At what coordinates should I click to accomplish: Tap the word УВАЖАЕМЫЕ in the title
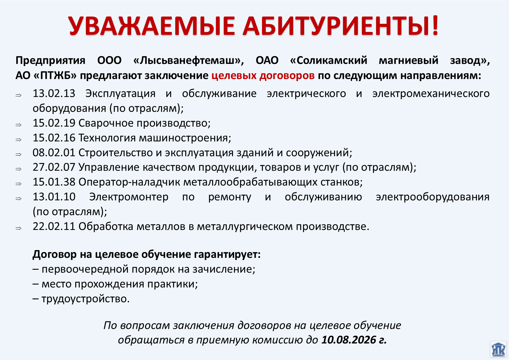point(151,26)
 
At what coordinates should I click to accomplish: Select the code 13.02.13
point(54,93)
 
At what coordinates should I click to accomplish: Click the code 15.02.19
point(54,123)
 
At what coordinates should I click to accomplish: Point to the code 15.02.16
point(54,138)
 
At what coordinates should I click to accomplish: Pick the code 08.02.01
point(54,152)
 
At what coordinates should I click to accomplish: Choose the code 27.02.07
point(54,167)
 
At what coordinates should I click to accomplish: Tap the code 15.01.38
point(54,182)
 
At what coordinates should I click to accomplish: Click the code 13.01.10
point(54,197)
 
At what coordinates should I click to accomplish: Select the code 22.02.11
point(54,226)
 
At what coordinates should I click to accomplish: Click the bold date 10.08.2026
point(349,340)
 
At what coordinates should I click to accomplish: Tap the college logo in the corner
point(498,350)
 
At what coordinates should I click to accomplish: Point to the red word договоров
point(287,76)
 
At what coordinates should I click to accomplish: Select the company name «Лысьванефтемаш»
point(189,60)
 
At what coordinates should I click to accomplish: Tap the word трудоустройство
point(86,299)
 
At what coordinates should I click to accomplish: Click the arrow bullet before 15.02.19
point(19,125)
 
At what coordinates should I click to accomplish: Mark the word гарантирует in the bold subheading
point(227,255)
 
